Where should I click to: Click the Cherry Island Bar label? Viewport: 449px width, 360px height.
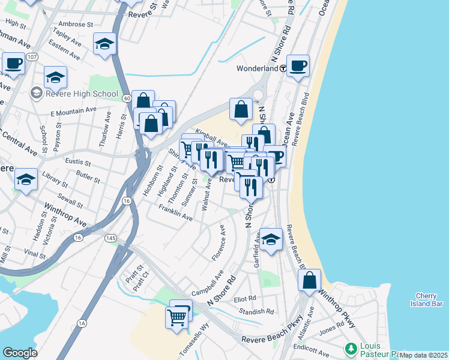[429, 299]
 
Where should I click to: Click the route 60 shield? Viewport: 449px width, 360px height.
[125, 97]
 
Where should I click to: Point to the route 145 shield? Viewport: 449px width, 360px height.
[110, 238]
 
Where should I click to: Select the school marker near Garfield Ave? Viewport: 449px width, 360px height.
[271, 239]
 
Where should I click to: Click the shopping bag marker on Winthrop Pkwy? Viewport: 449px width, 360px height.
[309, 280]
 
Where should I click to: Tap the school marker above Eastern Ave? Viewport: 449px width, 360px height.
[104, 44]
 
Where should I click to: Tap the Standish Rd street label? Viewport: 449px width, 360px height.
[256, 312]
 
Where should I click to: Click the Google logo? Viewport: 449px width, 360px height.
[20, 353]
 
